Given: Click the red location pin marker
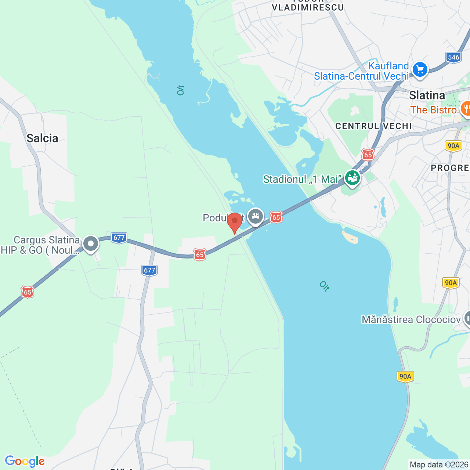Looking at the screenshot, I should pos(235,222).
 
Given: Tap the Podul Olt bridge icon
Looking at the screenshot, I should pos(255,216).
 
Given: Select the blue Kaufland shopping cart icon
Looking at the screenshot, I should pos(420,69).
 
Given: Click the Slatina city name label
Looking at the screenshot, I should pos(427,95).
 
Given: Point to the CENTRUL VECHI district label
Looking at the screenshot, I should pos(373,126).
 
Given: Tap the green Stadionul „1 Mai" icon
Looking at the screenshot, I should pos(352,178).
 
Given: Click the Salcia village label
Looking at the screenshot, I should pos(42,138).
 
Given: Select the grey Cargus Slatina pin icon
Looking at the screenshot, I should pos(90,244).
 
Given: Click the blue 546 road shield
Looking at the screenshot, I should pos(453,57).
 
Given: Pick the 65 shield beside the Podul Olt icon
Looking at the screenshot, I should pos(276,217).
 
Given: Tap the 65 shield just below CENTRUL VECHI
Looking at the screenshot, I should pos(368,155).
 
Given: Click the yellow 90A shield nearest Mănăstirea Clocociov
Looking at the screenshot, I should pos(451,283).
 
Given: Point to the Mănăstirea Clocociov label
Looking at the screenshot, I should pos(411,319).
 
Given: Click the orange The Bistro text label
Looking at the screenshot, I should pos(433,110).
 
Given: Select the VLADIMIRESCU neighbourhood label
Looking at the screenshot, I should pos(308,7).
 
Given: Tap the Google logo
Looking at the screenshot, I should pos(25,461).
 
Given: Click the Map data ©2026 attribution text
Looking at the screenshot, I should pos(439,465).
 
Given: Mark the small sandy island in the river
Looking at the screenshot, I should pos(350,237).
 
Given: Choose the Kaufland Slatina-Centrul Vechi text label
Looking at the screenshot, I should pos(361,71).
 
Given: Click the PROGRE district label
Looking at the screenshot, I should pos(450,168).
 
